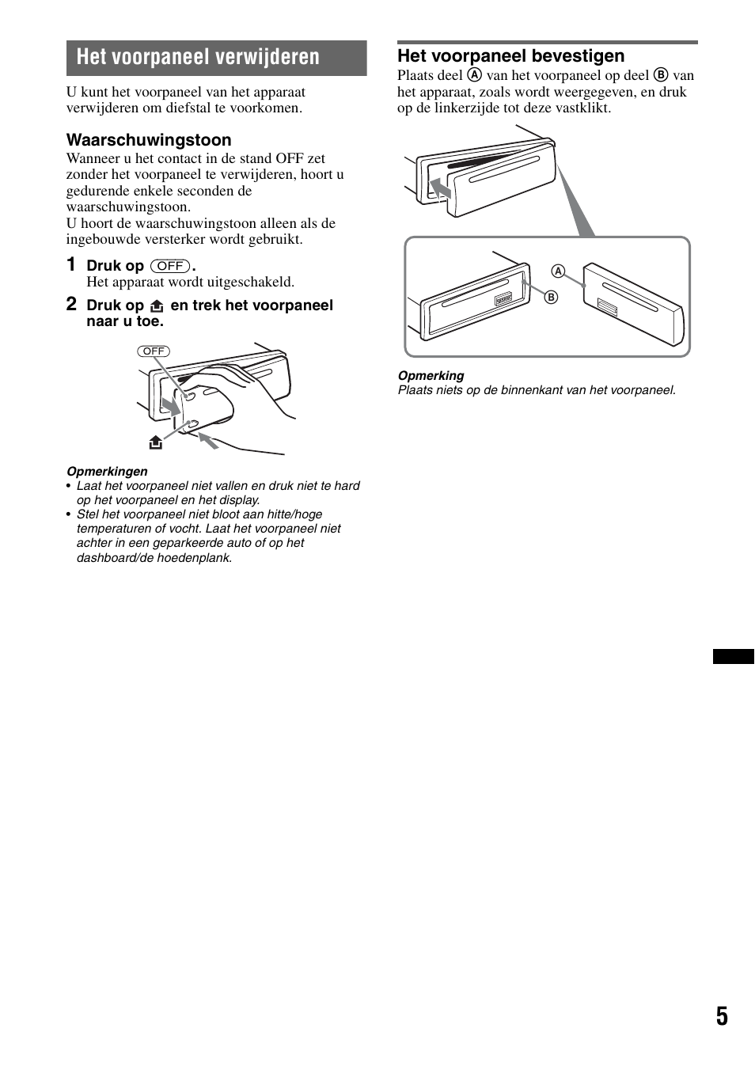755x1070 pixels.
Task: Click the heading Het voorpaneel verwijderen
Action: [198, 58]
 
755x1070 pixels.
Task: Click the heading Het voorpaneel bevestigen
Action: [510, 56]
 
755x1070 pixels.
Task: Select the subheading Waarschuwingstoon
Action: [149, 140]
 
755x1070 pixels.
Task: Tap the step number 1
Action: [71, 264]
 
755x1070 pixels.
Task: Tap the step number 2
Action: [71, 304]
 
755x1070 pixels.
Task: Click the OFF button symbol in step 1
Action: [170, 266]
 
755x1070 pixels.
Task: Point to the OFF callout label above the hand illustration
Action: [154, 351]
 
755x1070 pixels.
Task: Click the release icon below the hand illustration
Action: [156, 443]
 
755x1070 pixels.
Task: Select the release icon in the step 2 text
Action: [157, 305]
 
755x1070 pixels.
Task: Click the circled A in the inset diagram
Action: [558, 271]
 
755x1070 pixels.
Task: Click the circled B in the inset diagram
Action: [552, 297]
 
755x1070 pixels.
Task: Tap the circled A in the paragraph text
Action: [474, 75]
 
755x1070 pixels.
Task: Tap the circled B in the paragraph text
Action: [661, 75]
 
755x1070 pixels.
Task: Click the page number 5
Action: [722, 1016]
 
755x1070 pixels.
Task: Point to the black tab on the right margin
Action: [733, 656]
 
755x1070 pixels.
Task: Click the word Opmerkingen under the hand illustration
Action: [107, 472]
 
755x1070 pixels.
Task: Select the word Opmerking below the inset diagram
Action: [431, 376]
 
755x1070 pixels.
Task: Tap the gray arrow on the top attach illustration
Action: [439, 188]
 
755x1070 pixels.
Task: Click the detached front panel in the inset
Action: [633, 305]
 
